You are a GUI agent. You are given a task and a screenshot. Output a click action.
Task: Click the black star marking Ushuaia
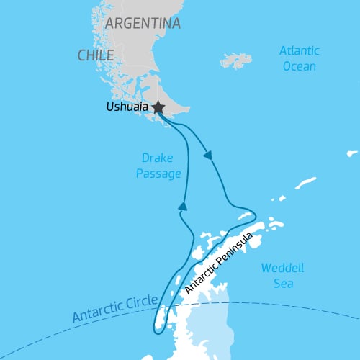158,108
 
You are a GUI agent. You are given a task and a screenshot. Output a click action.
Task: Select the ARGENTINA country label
142,24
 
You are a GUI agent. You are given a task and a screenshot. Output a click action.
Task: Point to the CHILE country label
96,55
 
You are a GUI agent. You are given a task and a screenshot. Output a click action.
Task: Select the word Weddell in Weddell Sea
282,269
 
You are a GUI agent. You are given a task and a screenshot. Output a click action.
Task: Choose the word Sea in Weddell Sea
282,283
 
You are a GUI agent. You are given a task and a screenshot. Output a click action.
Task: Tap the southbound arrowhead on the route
209,155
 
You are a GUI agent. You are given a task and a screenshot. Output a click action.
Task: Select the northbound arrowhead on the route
183,207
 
